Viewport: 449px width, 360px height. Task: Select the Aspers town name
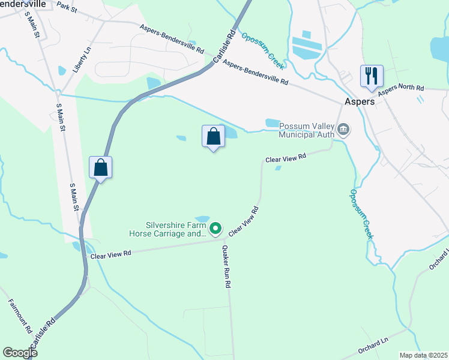click(x=360, y=101)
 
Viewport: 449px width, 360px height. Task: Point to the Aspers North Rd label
click(x=400, y=88)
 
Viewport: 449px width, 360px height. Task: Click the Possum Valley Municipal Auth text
click(x=306, y=129)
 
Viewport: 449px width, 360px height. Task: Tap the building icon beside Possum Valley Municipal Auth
click(x=343, y=129)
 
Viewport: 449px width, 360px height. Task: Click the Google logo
click(x=20, y=353)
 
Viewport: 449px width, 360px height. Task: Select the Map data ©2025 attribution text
click(x=423, y=355)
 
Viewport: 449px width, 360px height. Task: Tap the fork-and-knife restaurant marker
click(x=371, y=76)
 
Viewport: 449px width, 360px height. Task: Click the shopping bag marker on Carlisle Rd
click(x=101, y=167)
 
